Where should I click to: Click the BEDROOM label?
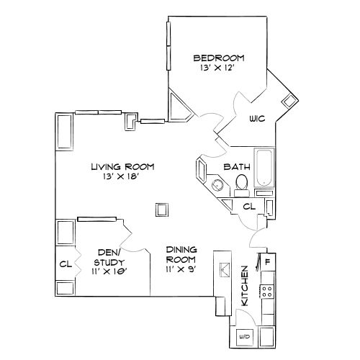pyautogui.click(x=219, y=58)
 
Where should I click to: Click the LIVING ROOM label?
pyautogui.click(x=122, y=166)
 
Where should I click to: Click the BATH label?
pyautogui.click(x=236, y=166)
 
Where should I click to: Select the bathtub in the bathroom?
pyautogui.click(x=264, y=168)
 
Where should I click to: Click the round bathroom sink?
pyautogui.click(x=217, y=184)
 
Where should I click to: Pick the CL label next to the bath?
pyautogui.click(x=248, y=207)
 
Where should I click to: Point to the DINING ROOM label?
pyautogui.click(x=181, y=254)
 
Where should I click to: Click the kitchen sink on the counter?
pyautogui.click(x=223, y=271)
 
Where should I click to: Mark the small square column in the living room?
pyautogui.click(x=162, y=210)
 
